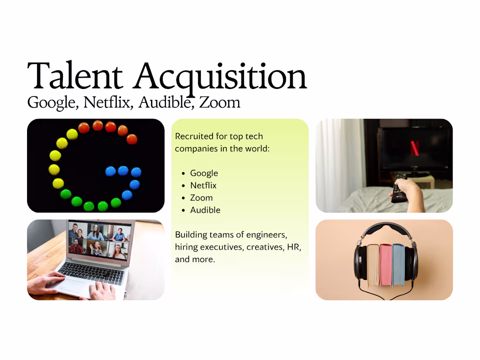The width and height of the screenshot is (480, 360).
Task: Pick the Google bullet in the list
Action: click(x=204, y=173)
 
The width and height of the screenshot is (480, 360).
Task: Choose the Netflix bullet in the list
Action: click(x=203, y=185)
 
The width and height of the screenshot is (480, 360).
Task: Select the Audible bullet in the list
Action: click(x=205, y=210)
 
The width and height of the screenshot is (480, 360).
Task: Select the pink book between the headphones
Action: click(x=386, y=265)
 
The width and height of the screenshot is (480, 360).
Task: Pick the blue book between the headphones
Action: click(x=398, y=265)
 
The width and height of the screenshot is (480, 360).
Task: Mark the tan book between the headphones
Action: click(x=373, y=265)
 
